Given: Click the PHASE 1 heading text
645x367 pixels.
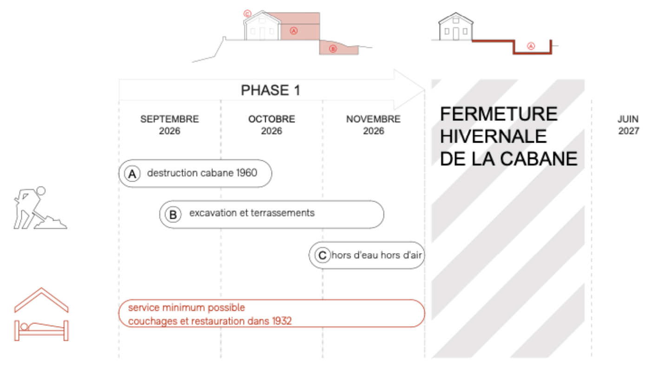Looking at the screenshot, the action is tap(270, 90).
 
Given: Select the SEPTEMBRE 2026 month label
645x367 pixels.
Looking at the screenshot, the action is tap(170, 125).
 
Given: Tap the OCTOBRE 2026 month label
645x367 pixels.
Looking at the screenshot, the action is tap(271, 125).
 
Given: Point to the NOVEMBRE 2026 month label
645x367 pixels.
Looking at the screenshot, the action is tap(373, 125).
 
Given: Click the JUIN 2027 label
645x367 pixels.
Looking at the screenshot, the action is tap(628, 125).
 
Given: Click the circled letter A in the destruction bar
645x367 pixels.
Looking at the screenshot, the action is tap(132, 174).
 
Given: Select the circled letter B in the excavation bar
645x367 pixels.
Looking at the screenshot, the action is tap(173, 215).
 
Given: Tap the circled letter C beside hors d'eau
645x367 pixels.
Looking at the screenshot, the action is tap(322, 256).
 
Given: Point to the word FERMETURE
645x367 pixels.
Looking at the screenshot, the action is tap(499, 114).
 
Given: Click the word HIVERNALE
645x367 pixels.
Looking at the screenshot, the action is tap(493, 136).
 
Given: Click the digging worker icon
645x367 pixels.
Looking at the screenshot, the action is tap(40, 208).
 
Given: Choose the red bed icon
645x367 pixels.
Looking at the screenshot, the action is tap(41, 330).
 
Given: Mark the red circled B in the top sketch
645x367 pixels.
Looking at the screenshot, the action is tap(333, 49).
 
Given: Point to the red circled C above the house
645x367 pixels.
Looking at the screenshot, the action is tap(247, 13).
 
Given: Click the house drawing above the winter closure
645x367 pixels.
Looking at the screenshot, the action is tap(455, 26).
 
